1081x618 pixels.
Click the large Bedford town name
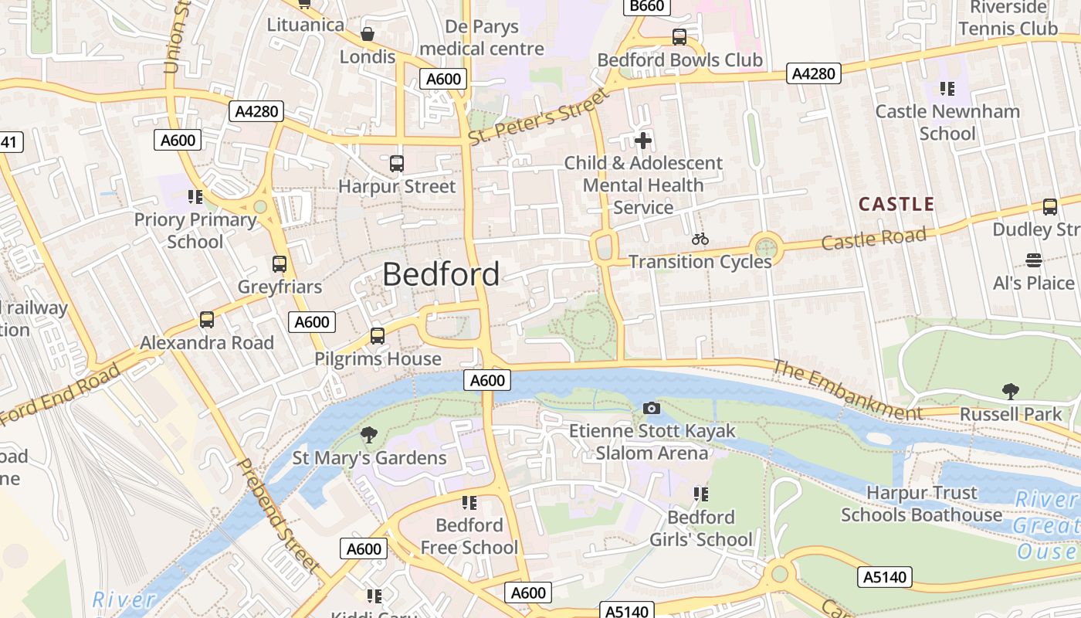pos(441,274)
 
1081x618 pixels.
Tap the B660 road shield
pos(646,6)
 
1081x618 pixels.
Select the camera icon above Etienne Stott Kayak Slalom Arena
pos(652,408)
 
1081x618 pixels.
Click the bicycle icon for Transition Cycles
pos(700,239)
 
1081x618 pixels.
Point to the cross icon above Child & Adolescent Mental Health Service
pos(642,141)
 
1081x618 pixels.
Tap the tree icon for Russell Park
pos(1010,392)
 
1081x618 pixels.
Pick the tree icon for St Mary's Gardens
pos(369,435)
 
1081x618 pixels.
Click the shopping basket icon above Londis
pos(368,34)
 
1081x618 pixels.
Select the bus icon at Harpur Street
pos(397,164)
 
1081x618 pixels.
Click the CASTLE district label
pos(896,205)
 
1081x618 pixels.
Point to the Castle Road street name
pos(873,239)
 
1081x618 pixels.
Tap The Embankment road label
pos(847,390)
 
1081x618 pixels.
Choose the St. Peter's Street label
pos(538,117)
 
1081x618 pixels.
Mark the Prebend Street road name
pos(277,516)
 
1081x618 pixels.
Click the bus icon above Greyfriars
pos(280,264)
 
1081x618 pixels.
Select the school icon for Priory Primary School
pos(195,197)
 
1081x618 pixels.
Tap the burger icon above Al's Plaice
pos(1033,260)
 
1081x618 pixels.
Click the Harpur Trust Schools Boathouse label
pos(921,504)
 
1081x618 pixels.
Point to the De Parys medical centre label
pos(482,38)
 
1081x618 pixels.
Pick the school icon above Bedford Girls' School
pos(700,494)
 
